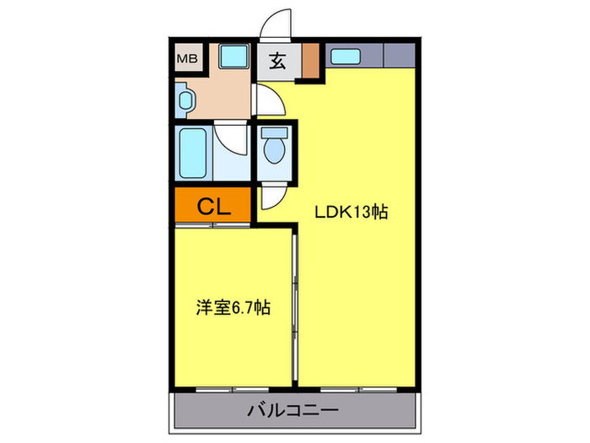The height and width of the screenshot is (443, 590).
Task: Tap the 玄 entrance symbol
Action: click(277, 61)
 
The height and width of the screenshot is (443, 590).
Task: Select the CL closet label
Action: click(214, 206)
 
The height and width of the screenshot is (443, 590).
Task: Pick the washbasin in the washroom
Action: click(185, 100)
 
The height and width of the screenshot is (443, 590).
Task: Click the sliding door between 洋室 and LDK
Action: click(294, 304)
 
